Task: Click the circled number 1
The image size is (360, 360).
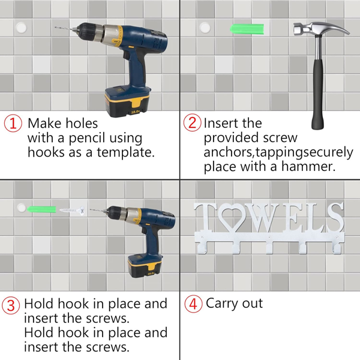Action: pyautogui.click(x=13, y=123)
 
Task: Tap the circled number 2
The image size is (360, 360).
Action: pyautogui.click(x=193, y=122)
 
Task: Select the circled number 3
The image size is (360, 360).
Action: pyautogui.click(x=11, y=305)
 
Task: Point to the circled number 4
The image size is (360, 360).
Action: pyautogui.click(x=193, y=304)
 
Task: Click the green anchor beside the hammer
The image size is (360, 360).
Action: pyautogui.click(x=247, y=29)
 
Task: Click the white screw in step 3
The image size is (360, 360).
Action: pyautogui.click(x=73, y=210)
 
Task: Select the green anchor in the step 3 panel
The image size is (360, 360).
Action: pyautogui.click(x=41, y=209)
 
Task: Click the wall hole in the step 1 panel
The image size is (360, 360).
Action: pyautogui.click(x=22, y=28)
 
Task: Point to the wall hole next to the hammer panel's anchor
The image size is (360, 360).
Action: pyautogui.click(x=205, y=28)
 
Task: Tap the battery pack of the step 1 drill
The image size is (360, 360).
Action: pyautogui.click(x=127, y=102)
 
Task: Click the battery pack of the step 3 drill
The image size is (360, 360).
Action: pyautogui.click(x=145, y=266)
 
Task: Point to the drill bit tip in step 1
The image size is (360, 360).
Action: pyautogui.click(x=56, y=28)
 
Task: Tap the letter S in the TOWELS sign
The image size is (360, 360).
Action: pyautogui.click(x=335, y=217)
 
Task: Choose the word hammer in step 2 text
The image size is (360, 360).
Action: pyautogui.click(x=308, y=166)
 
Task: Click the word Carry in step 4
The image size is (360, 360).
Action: pyautogui.click(x=222, y=304)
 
